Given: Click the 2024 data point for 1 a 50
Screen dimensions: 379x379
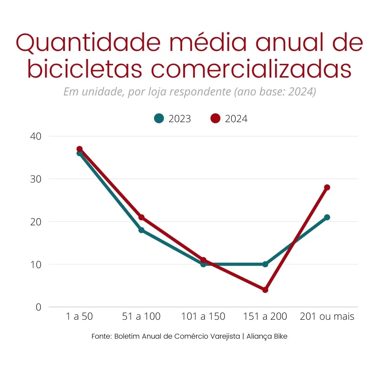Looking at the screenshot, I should pos(80,149).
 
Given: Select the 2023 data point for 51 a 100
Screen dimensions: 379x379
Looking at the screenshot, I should pos(141,230).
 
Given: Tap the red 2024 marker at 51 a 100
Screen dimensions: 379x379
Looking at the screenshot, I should pos(141,217).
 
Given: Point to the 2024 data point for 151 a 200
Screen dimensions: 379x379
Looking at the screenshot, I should pos(265,290).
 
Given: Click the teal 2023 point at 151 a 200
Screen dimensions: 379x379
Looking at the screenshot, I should pos(265,264).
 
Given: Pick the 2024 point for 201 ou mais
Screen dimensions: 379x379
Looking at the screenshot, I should pos(327,187).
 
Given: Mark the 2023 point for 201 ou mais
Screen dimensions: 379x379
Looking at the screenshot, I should pos(327,217).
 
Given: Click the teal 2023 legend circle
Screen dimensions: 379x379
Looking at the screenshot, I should pos(159,119).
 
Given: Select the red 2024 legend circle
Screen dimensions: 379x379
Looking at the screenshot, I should pos(215,119).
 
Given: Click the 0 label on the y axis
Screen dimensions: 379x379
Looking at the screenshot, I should pos(38,307).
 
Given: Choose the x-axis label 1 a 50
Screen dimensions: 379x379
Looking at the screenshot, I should pos(80,317).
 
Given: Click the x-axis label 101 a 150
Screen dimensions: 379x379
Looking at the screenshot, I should pos(203,317).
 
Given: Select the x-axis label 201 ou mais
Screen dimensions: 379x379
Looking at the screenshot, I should pos(327,317).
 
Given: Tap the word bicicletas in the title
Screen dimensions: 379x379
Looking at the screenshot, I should pos(84,69).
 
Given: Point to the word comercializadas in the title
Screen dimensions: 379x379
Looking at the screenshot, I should pos(251,69).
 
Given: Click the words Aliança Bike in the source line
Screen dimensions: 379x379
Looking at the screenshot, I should pos(267,336).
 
